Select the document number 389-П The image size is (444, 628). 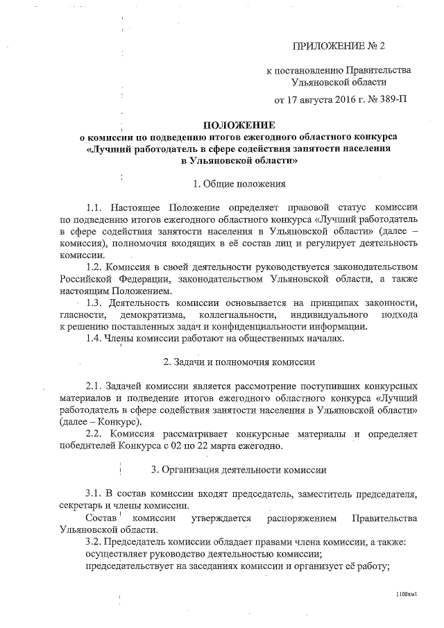390,99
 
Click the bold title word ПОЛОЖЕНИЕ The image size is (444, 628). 239,125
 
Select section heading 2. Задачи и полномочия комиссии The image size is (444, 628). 239,362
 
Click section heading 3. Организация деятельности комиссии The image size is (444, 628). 239,470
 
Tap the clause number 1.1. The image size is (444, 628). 95,207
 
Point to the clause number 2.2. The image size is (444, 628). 95,434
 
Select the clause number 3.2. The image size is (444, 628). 95,541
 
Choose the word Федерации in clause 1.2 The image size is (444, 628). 148,279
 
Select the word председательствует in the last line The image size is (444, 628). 128,565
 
